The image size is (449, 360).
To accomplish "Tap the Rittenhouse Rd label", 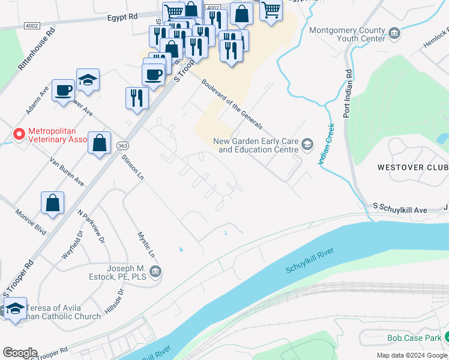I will pyautogui.click(x=37, y=49).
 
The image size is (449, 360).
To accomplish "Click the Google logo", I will pyautogui.click(x=20, y=353).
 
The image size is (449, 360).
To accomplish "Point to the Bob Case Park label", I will pyautogui.click(x=414, y=338).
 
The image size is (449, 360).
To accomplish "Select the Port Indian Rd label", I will pyautogui.click(x=348, y=92).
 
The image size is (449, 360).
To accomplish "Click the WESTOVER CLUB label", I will pyautogui.click(x=412, y=167).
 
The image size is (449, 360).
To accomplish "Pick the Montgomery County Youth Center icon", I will pyautogui.click(x=394, y=33).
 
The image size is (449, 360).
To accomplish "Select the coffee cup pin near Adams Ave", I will pyautogui.click(x=63, y=91).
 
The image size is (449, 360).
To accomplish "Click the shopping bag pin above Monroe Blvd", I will pyautogui.click(x=53, y=203).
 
